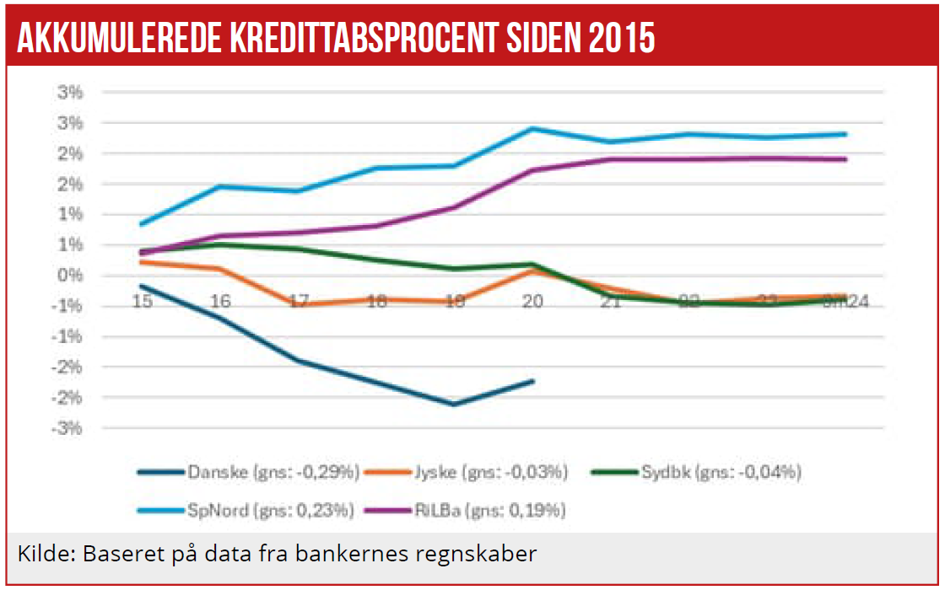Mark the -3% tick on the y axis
68,428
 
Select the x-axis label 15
143,301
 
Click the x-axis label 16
220,301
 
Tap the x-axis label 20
532,301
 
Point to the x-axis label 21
610,301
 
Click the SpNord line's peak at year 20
532,128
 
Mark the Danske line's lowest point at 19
455,405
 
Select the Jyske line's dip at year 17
299,304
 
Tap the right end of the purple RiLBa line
845,159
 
